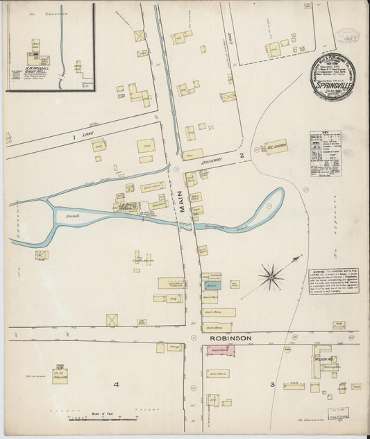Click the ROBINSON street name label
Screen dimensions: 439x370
pyautogui.click(x=227, y=338)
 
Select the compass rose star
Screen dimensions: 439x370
pyautogui.click(x=270, y=276)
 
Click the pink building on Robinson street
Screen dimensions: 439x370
pyautogui.click(x=219, y=351)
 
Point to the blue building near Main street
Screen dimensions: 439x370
pyautogui.click(x=212, y=285)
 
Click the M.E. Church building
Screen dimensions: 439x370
pyautogui.click(x=276, y=147)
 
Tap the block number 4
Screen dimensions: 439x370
pyautogui.click(x=117, y=384)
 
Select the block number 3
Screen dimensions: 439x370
pyautogui.click(x=272, y=384)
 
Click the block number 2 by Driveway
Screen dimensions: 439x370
pyautogui.click(x=241, y=155)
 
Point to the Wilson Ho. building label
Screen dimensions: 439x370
pyautogui.click(x=324, y=359)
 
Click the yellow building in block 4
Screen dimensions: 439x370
pyautogui.click(x=60, y=378)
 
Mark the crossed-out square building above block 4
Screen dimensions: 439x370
pyautogui.click(x=112, y=320)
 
